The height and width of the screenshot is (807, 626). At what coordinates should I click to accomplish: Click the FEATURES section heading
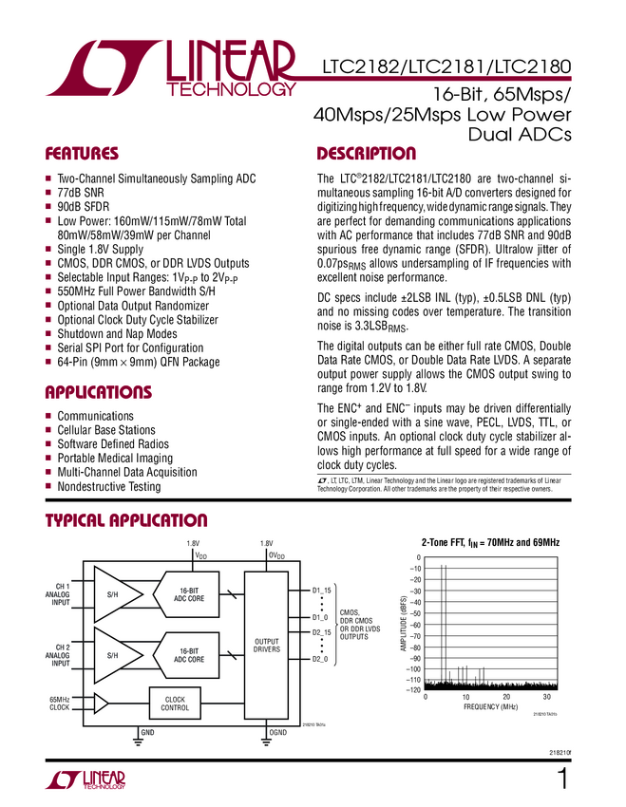[x=82, y=154]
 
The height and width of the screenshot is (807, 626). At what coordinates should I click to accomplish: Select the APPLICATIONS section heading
[x=99, y=392]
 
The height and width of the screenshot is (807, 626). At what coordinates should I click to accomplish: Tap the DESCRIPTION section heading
[x=366, y=154]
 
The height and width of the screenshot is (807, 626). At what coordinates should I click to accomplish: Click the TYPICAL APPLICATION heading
[x=126, y=519]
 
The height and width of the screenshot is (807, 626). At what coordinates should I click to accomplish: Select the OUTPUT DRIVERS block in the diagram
[x=266, y=646]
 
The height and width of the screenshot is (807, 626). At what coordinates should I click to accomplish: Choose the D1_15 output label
[x=322, y=591]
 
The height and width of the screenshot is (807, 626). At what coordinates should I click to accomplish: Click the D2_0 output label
[x=321, y=658]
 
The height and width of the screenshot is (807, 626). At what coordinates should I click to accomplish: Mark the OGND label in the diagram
[x=278, y=733]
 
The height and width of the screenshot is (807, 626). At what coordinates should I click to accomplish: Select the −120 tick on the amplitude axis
[x=411, y=690]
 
